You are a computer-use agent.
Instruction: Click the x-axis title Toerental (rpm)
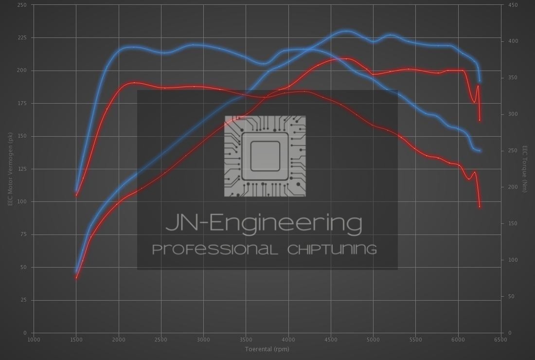(x=267, y=349)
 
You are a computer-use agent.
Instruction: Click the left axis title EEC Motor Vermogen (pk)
(x=9, y=169)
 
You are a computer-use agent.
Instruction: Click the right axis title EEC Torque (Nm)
(x=525, y=169)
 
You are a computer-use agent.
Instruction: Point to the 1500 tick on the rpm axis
(x=76, y=340)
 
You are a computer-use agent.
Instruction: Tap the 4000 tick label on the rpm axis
(x=288, y=340)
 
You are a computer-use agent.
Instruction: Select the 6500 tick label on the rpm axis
(x=500, y=340)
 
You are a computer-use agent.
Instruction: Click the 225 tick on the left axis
(x=23, y=37)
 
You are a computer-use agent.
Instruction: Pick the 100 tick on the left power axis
(x=23, y=201)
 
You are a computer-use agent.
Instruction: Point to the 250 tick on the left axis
(x=23, y=5)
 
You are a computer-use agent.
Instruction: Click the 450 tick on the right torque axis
(x=513, y=5)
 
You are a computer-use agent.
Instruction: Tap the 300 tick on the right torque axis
(x=513, y=114)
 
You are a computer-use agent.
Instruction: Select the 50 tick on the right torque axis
(x=511, y=296)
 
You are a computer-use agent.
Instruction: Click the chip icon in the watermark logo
(x=265, y=156)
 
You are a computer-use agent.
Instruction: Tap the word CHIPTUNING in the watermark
(x=332, y=250)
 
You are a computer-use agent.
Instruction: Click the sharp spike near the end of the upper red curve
(x=478, y=86)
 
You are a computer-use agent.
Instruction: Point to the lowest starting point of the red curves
(x=76, y=278)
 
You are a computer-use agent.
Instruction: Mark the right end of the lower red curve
(x=480, y=207)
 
